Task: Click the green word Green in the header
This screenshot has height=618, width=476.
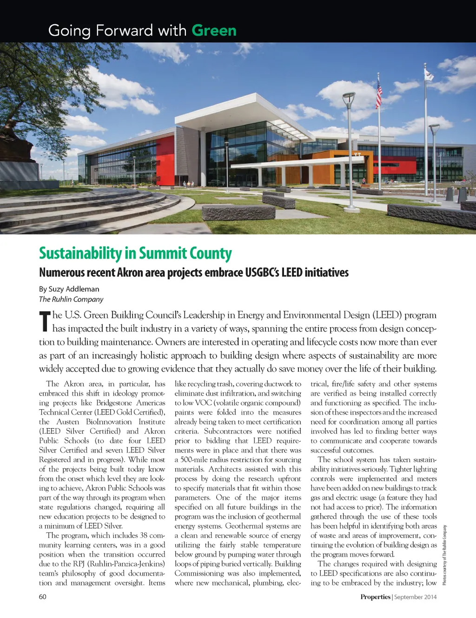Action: click(x=214, y=31)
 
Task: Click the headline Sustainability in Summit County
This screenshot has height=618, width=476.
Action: click(x=135, y=253)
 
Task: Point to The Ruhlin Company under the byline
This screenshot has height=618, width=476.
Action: click(x=71, y=299)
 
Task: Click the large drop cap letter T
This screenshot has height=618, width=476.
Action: click(x=45, y=322)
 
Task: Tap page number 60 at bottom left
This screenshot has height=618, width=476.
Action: click(x=43, y=597)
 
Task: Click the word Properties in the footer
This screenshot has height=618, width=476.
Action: click(x=375, y=597)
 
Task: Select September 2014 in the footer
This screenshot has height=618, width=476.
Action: click(x=416, y=597)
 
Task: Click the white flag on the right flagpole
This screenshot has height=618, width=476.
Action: click(x=429, y=74)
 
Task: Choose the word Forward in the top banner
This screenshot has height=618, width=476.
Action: click(x=124, y=31)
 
